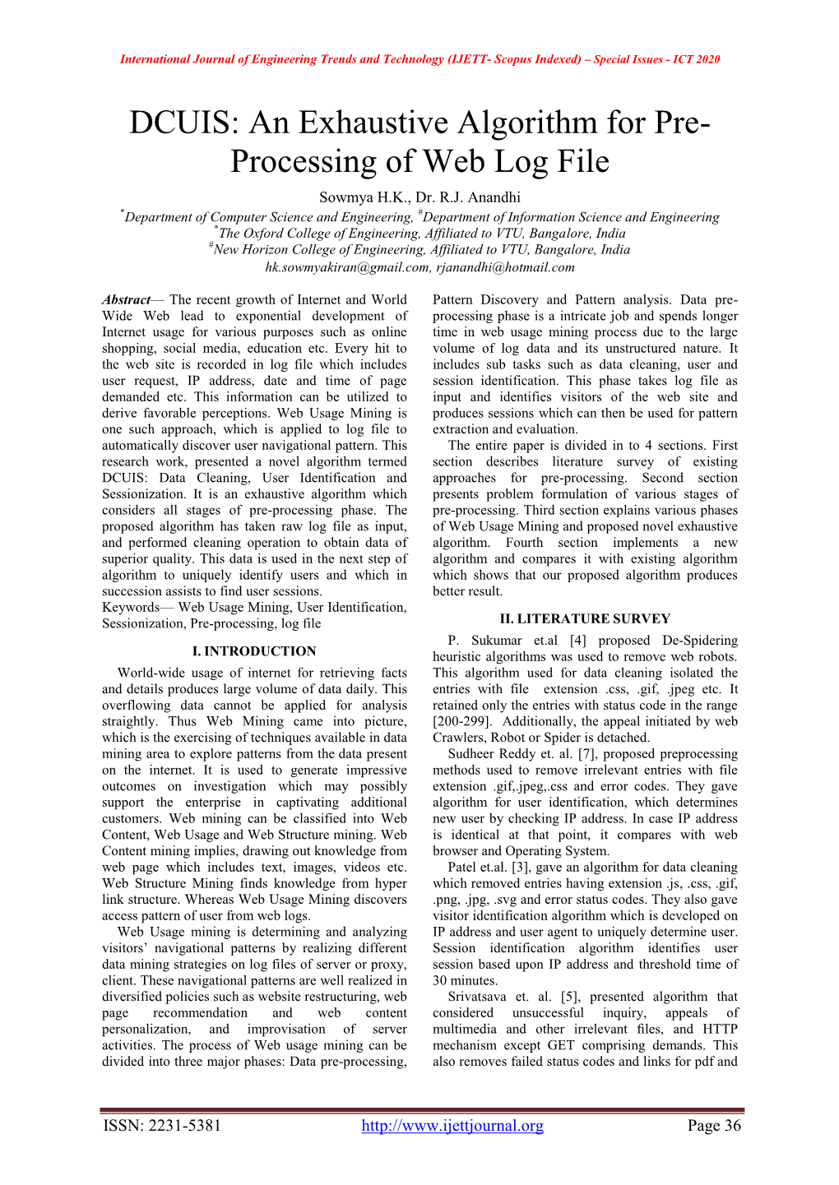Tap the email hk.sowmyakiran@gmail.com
tap(347, 267)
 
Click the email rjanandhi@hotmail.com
tap(505, 267)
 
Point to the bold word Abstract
tap(126, 300)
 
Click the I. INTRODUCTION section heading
tap(254, 651)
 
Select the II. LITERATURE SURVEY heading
tap(585, 619)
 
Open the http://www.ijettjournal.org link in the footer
tap(452, 1126)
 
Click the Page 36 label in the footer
tap(714, 1126)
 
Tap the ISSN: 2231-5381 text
tap(162, 1126)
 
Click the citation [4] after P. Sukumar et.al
tap(577, 641)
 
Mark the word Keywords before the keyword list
tap(131, 608)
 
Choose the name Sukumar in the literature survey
tap(497, 641)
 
